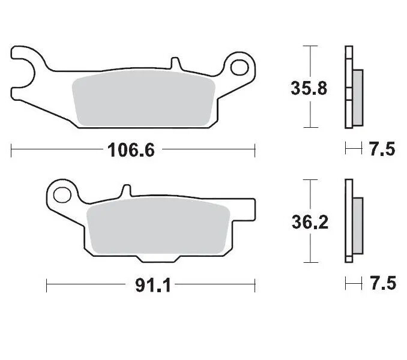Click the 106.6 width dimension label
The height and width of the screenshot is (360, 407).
[x=131, y=149]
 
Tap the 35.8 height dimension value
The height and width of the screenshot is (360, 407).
[x=309, y=88]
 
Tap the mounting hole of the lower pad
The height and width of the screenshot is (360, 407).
[x=60, y=194]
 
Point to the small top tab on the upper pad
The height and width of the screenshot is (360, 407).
[x=175, y=63]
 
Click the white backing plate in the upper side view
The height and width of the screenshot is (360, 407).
[x=349, y=87]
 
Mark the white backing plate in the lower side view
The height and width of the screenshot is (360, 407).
[x=348, y=221]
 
